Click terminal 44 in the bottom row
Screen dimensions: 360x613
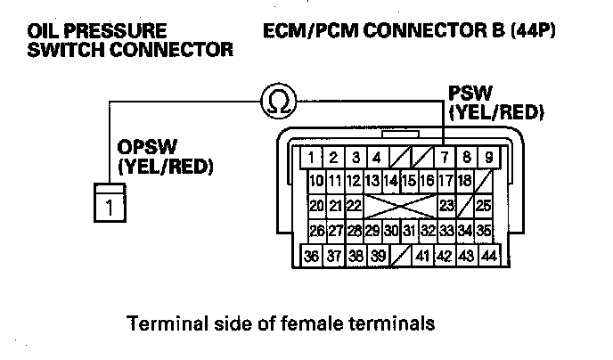488,255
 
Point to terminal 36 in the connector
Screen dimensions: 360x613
312,255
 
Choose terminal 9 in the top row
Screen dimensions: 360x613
488,159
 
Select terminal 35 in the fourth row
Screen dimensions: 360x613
485,231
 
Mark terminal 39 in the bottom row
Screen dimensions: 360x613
379,255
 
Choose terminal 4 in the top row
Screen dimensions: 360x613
378,159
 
